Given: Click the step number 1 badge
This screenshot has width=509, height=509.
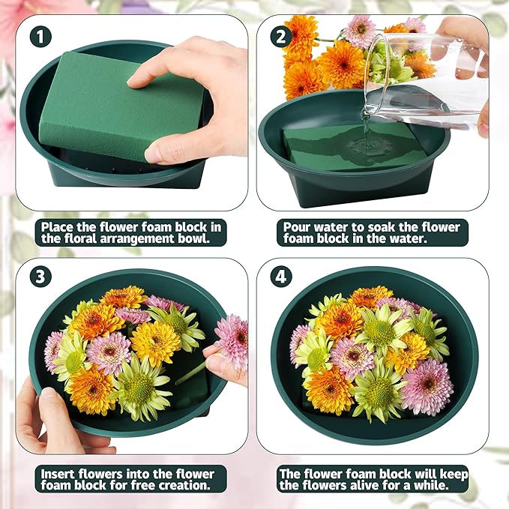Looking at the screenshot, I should [40, 35].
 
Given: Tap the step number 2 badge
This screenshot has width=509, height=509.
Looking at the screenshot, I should [281, 35].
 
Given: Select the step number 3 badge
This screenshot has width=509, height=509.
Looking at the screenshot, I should [40, 277].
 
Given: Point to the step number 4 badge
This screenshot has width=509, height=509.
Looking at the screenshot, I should [281, 277].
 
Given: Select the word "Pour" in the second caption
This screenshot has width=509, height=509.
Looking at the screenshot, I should [296, 226].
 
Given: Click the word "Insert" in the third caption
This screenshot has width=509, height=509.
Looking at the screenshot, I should [57, 474].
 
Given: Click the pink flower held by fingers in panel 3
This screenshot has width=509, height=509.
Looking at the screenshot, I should [232, 341].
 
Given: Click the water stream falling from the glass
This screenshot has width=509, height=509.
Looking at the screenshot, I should [365, 124].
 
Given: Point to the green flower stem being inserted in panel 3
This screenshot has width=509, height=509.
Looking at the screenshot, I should [192, 372].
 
